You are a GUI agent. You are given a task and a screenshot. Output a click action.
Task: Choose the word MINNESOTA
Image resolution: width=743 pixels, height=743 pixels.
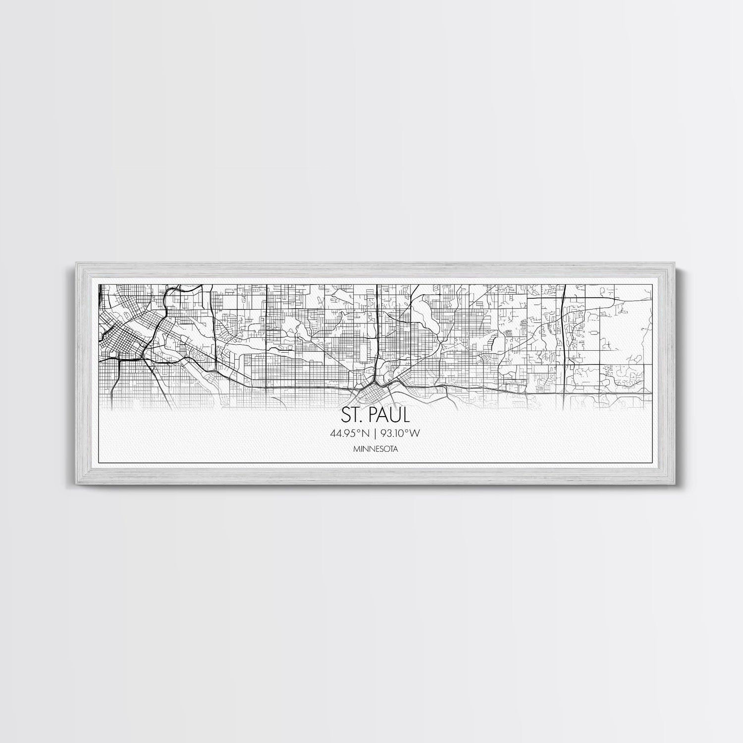click(x=375, y=450)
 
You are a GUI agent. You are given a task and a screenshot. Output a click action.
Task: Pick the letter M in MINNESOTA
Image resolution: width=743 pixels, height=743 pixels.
click(x=357, y=450)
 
